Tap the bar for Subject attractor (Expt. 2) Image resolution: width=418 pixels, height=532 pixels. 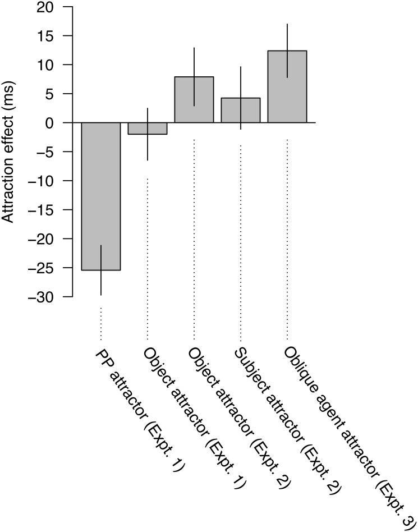point(241,111)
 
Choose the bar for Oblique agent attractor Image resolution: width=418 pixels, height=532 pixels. point(287,90)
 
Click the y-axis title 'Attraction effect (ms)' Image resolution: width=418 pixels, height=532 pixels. point(10,152)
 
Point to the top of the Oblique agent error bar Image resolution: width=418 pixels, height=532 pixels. point(287,24)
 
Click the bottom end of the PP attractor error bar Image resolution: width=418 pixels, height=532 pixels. point(101,295)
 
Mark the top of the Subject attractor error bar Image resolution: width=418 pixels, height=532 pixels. point(241,67)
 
